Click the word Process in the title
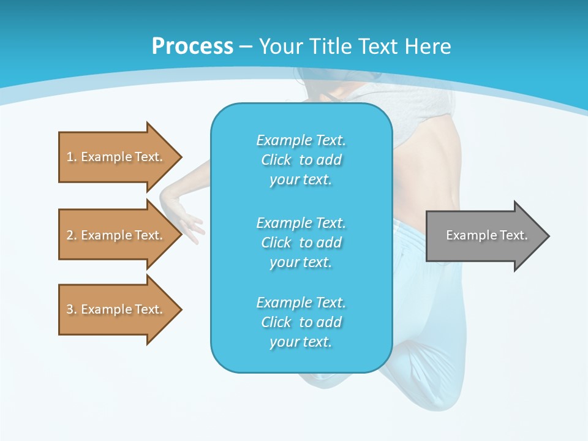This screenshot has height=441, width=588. [192, 46]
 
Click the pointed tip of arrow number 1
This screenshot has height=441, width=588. [180, 157]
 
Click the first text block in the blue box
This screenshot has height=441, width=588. [301, 160]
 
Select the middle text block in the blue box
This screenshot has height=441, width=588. [301, 243]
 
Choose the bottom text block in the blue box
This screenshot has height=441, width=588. [301, 322]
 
